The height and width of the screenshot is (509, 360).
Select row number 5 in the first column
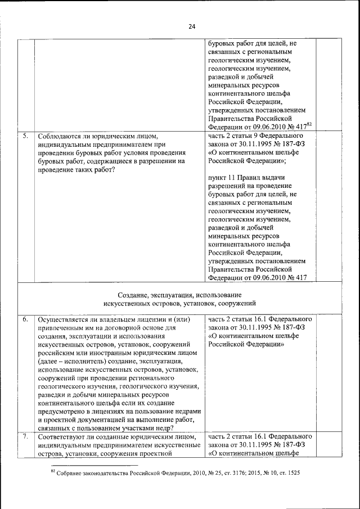point(26,136)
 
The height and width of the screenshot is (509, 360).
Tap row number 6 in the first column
point(26,319)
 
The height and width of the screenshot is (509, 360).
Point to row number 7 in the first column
point(26,436)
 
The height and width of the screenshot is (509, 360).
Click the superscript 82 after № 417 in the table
point(309,125)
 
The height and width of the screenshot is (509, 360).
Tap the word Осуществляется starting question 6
point(64,319)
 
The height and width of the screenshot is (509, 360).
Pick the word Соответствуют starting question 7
point(61,436)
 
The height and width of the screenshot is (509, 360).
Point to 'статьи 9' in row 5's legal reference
point(240,136)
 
